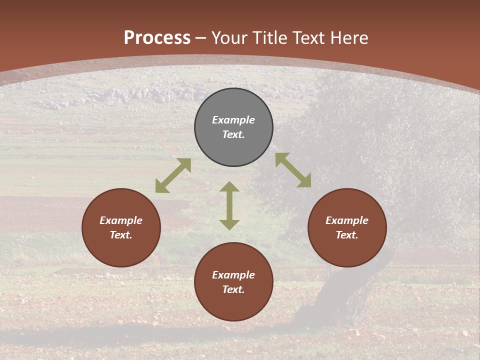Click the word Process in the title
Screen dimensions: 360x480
[157, 38]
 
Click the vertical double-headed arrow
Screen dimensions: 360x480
[229, 206]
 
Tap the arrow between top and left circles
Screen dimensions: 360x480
[173, 175]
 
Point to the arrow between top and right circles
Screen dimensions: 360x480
[293, 170]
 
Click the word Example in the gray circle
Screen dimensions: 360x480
[233, 120]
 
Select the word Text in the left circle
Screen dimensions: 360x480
[121, 235]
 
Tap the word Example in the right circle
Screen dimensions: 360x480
[347, 220]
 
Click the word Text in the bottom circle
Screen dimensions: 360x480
[233, 289]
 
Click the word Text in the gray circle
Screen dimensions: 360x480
[233, 134]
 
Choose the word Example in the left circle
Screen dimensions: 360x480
[121, 220]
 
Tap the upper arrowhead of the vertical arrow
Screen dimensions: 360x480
[229, 187]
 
